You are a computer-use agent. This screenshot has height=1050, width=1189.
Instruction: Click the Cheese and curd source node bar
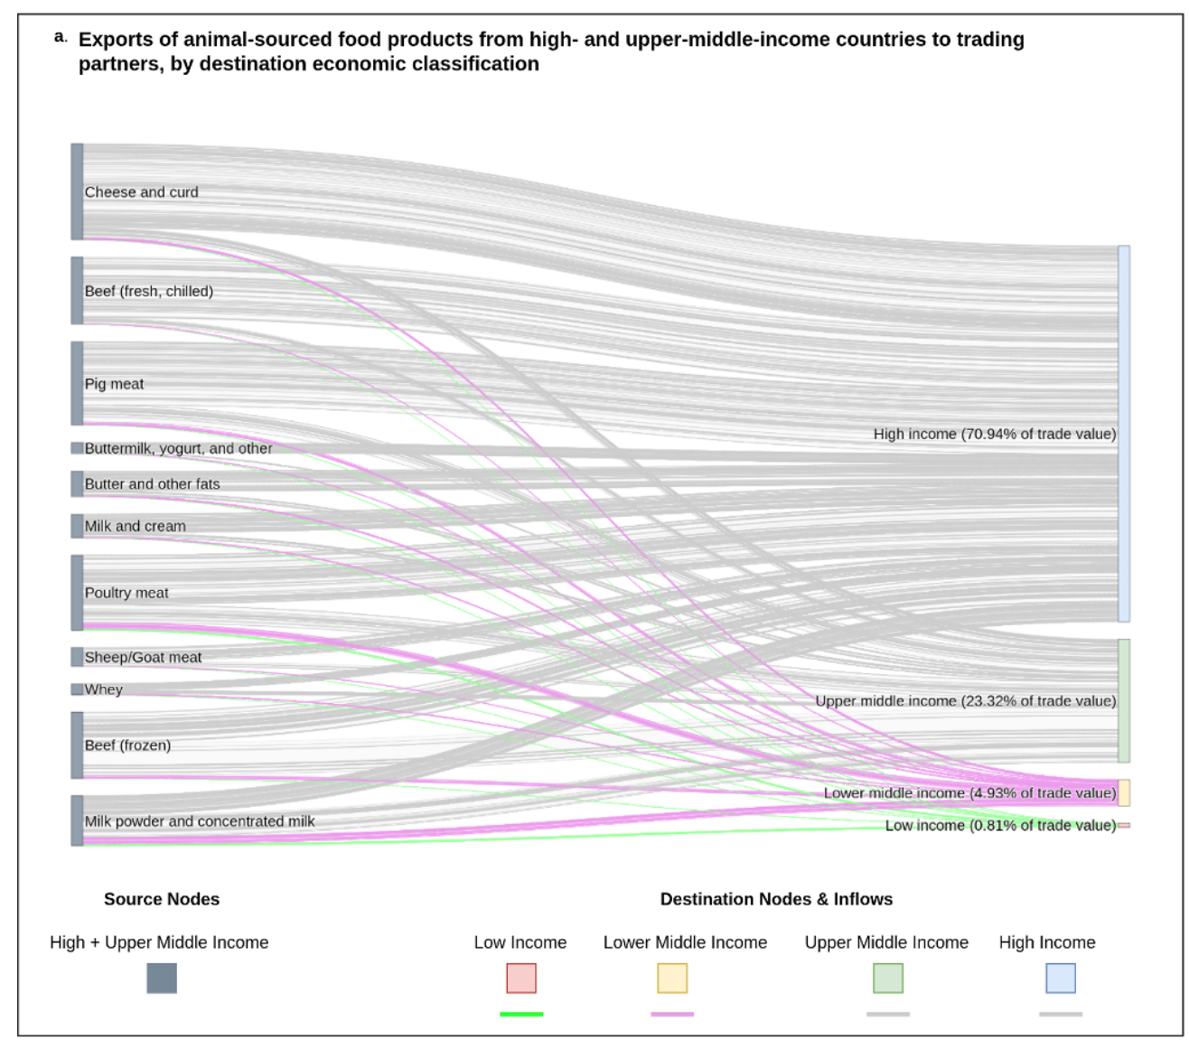coord(78,192)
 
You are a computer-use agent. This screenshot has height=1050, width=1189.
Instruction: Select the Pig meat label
coord(114,384)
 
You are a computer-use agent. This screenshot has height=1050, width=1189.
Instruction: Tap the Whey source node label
coord(103,689)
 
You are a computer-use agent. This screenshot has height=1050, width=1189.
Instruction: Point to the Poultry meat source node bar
coord(78,593)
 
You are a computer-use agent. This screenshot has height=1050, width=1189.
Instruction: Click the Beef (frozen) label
coord(127,745)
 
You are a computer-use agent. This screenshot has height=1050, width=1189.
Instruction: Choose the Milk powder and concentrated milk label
coord(200,821)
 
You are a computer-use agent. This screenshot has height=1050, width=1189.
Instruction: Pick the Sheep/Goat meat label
coord(143,658)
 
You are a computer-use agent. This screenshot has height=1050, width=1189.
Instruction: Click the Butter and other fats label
coord(152,484)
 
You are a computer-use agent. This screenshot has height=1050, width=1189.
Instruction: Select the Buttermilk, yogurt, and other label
coord(178,448)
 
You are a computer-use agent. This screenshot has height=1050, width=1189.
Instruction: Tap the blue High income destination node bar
coord(1124,434)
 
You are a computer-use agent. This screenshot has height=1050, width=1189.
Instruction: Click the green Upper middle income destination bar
coord(1124,701)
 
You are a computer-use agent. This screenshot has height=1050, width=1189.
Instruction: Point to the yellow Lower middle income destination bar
coord(1124,793)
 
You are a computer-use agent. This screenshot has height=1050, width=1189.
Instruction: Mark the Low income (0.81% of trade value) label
coord(1000,826)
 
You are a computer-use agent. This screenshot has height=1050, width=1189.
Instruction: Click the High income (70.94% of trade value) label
coord(994,435)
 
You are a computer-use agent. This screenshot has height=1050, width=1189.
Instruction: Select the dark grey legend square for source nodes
coord(162,978)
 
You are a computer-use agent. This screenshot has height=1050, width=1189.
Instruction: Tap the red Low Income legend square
coord(521,978)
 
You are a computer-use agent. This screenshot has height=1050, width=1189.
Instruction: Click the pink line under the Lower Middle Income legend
coord(672,1014)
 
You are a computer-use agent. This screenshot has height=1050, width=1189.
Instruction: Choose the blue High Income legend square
coord(1061,978)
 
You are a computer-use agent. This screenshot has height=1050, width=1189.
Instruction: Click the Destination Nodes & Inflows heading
coord(776,899)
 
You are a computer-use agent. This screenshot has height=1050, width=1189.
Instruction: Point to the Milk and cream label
coord(135,526)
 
